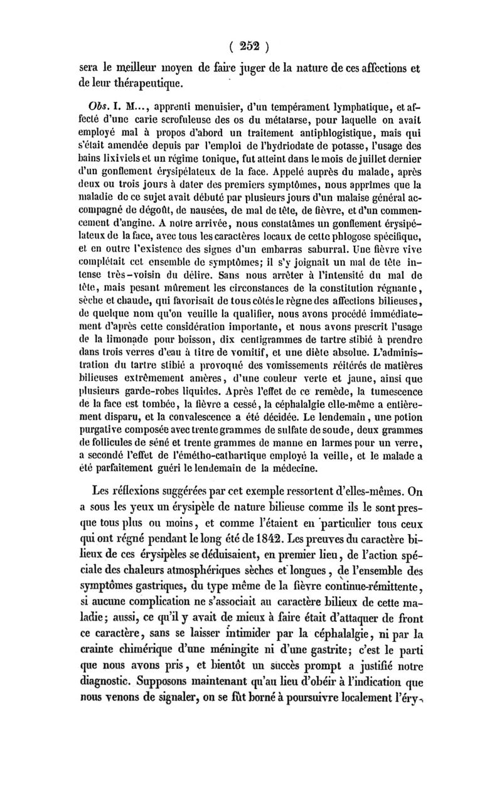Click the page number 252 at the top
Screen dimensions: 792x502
(250, 46)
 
